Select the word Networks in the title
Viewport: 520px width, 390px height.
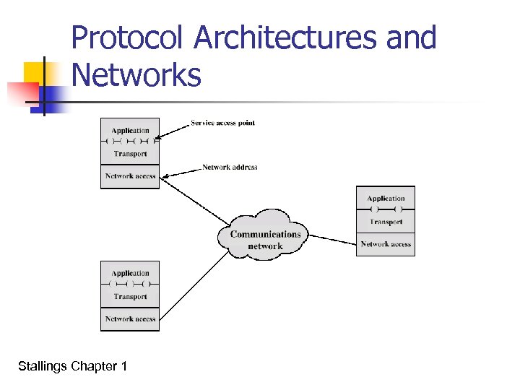137,74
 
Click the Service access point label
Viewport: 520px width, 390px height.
222,123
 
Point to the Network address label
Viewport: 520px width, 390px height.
230,167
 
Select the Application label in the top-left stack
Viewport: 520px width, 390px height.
130,130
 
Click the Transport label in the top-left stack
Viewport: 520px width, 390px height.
130,153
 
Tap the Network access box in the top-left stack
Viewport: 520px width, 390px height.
130,176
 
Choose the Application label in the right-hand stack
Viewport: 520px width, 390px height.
386,198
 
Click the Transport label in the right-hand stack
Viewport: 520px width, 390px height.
386,222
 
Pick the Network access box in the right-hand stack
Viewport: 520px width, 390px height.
386,244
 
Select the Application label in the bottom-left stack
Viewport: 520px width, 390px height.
130,273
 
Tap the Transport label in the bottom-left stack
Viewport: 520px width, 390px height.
130,296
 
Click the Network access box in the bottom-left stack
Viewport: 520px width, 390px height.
130,318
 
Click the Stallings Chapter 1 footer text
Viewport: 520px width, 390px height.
72,367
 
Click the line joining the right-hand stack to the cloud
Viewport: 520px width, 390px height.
332,238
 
